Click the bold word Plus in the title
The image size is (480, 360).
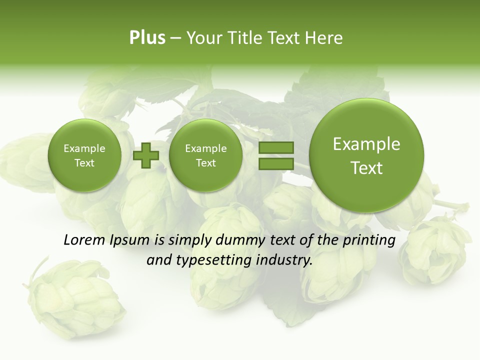pyautogui.click(x=147, y=38)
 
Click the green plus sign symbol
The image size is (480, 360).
pyautogui.click(x=146, y=155)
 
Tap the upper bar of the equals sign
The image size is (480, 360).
pyautogui.click(x=276, y=147)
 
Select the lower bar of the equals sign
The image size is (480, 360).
pyautogui.click(x=276, y=163)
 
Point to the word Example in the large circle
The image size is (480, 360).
pyautogui.click(x=366, y=144)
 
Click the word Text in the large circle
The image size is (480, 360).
pyautogui.click(x=366, y=168)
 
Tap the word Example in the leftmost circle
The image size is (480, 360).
pyautogui.click(x=84, y=148)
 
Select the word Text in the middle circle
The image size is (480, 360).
pyautogui.click(x=205, y=163)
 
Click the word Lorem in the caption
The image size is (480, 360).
pyautogui.click(x=84, y=240)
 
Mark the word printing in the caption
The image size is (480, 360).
pyautogui.click(x=369, y=240)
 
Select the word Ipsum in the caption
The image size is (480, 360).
pyautogui.click(x=130, y=240)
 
